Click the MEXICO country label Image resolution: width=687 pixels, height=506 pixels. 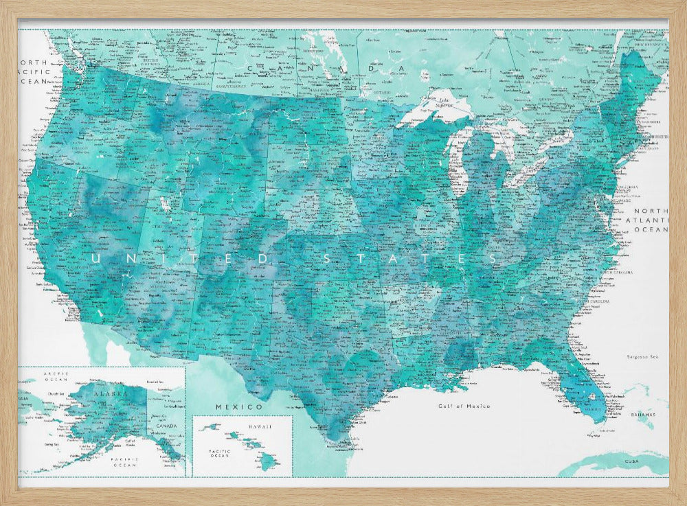(229, 407)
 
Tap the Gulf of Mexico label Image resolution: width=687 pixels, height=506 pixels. (464, 406)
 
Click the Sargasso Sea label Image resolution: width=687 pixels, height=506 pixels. (642, 356)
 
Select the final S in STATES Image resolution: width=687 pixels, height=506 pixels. (493, 258)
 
